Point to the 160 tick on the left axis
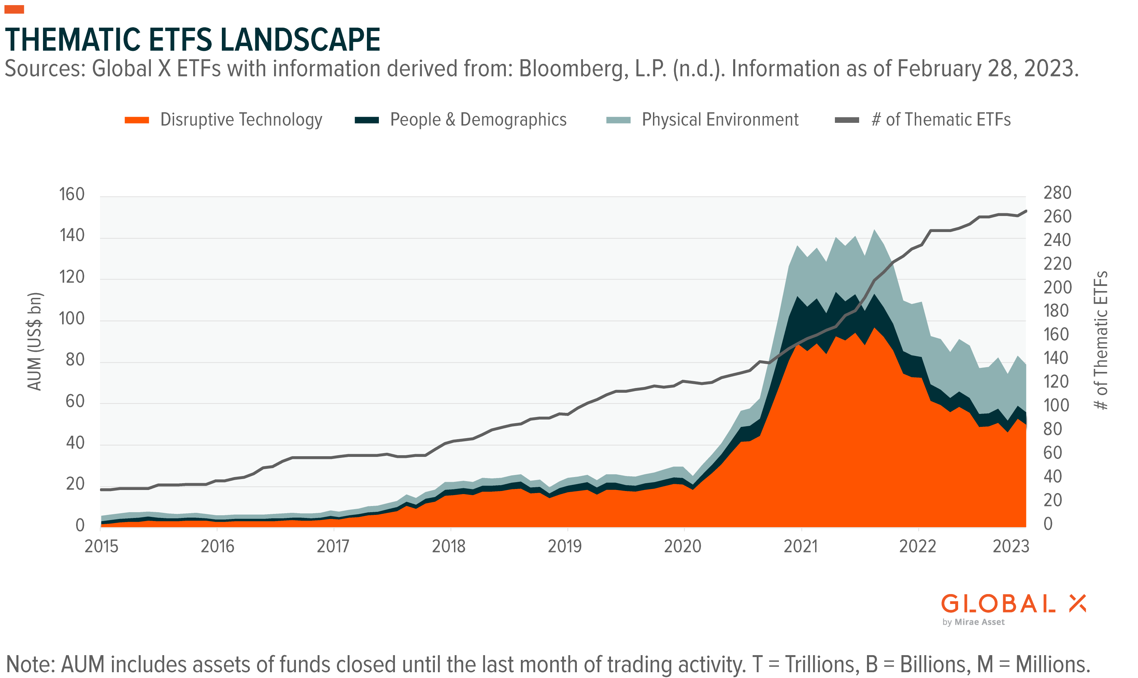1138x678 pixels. coord(72,194)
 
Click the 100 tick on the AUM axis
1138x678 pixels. coord(72,318)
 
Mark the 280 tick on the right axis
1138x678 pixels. coord(1057,193)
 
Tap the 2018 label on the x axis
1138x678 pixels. coord(449,546)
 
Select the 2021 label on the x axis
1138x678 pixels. coord(800,546)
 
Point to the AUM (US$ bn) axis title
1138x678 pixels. coord(35,342)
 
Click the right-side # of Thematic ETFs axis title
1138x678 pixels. coord(1102,341)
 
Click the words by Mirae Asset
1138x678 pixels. coord(973,622)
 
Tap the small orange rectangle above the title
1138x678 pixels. coord(14,9)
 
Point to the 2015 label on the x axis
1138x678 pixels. coord(101,546)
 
